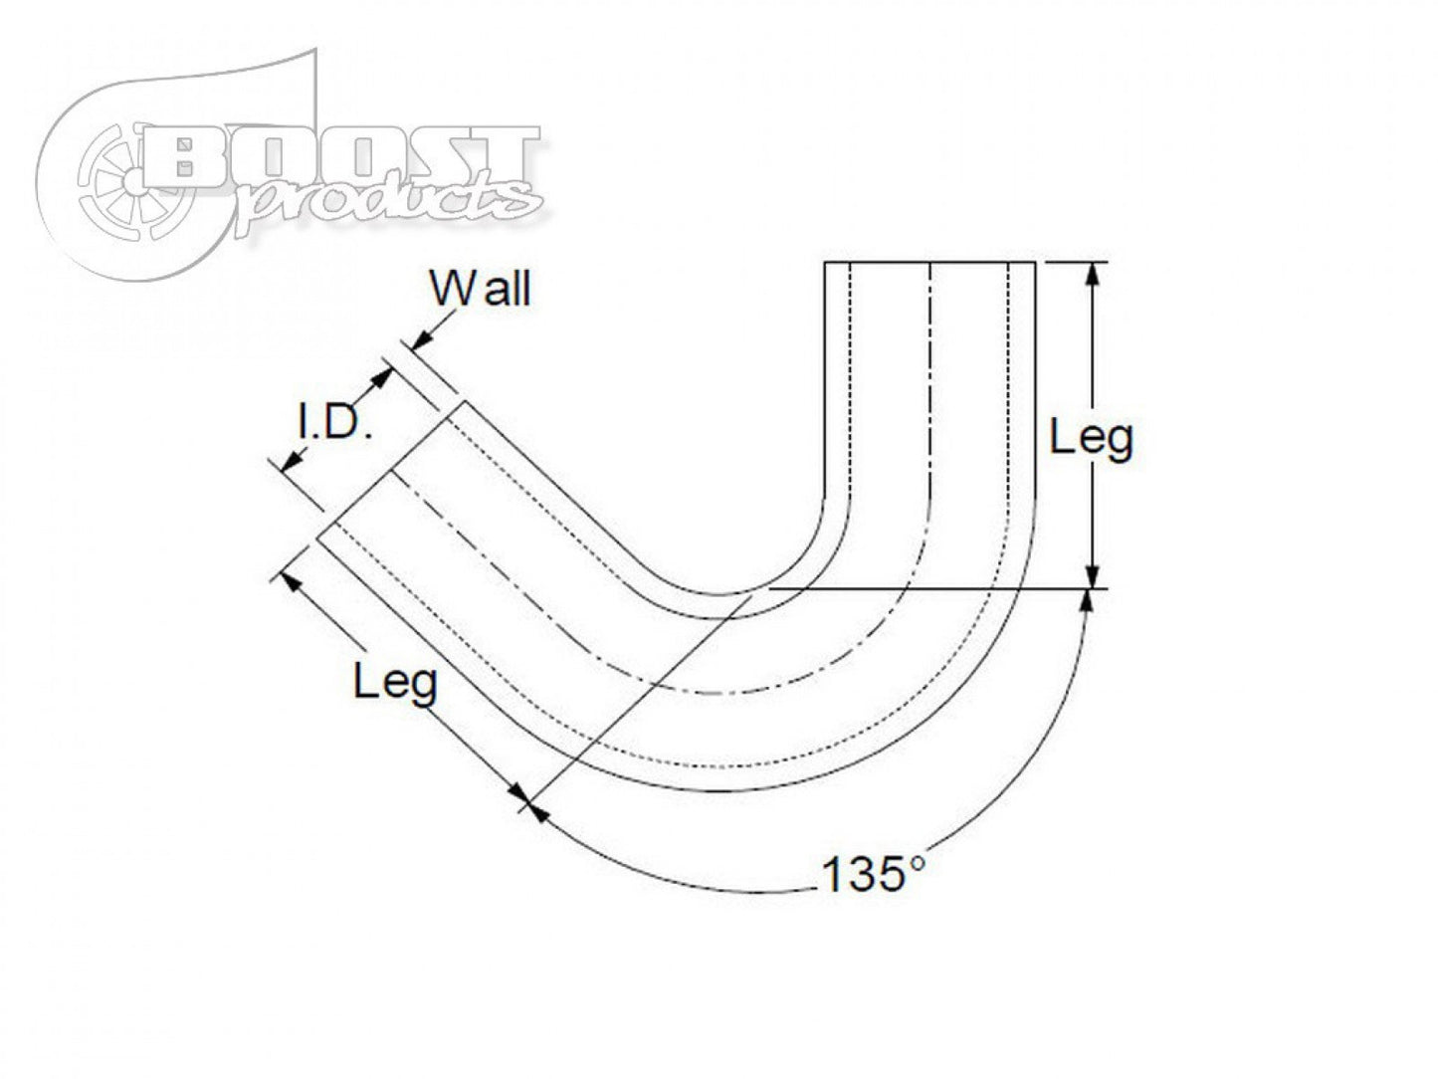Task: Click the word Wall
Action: point(481,289)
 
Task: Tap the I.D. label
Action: point(335,426)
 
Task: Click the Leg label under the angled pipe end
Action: point(395,683)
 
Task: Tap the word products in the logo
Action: point(388,198)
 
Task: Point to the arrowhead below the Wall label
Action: point(420,340)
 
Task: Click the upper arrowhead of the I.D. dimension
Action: point(381,378)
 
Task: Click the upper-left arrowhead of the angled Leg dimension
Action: point(291,576)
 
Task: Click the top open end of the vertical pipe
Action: point(929,262)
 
